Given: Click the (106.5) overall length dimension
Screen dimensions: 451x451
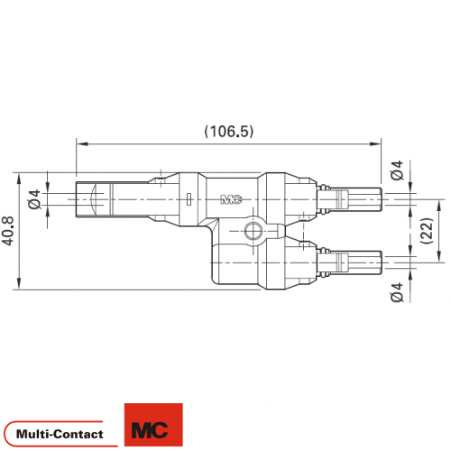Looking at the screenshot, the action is click(229, 132).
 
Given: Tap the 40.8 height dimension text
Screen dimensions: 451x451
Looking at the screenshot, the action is click(8, 231).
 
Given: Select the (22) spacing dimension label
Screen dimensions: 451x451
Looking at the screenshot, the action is click(427, 231).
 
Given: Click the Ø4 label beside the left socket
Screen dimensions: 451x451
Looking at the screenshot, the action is click(34, 199).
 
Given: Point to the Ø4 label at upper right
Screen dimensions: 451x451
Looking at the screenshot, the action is click(397, 170).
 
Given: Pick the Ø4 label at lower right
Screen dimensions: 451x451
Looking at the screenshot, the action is click(397, 292).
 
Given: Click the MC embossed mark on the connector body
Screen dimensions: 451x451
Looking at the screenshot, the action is click(231, 199).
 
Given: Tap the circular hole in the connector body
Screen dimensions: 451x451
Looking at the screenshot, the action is click(253, 231).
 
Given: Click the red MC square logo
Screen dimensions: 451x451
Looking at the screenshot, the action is click(153, 425).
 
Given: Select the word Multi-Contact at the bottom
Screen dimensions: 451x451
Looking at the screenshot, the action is click(60, 434).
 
